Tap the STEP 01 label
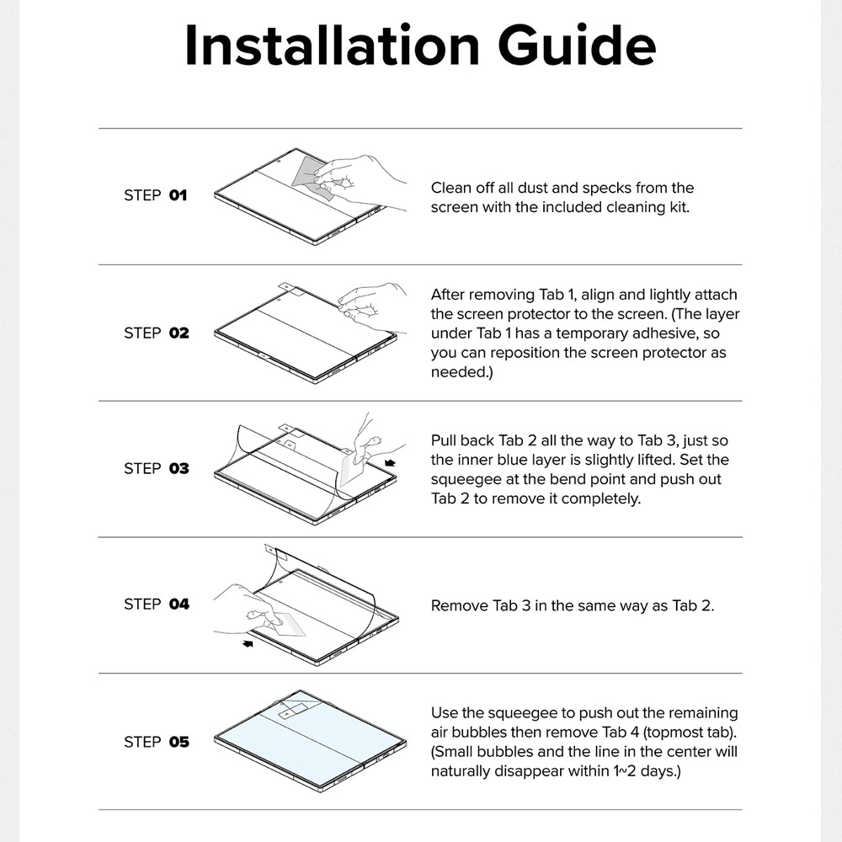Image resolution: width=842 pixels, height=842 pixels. pos(156,195)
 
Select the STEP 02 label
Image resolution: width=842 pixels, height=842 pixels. pos(157,333)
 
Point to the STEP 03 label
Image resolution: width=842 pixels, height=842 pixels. pos(157,469)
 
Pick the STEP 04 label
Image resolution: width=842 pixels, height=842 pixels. pos(157,605)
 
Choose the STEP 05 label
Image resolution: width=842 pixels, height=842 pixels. pos(157,742)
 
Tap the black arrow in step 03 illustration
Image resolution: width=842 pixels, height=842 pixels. pos(390,463)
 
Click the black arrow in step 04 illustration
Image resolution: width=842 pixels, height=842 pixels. pos(248,643)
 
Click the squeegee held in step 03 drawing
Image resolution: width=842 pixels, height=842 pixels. pos(351,468)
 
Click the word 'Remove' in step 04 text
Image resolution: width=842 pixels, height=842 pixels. pos(459,605)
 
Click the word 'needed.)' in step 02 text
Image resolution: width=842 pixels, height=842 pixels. pos(461,372)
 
